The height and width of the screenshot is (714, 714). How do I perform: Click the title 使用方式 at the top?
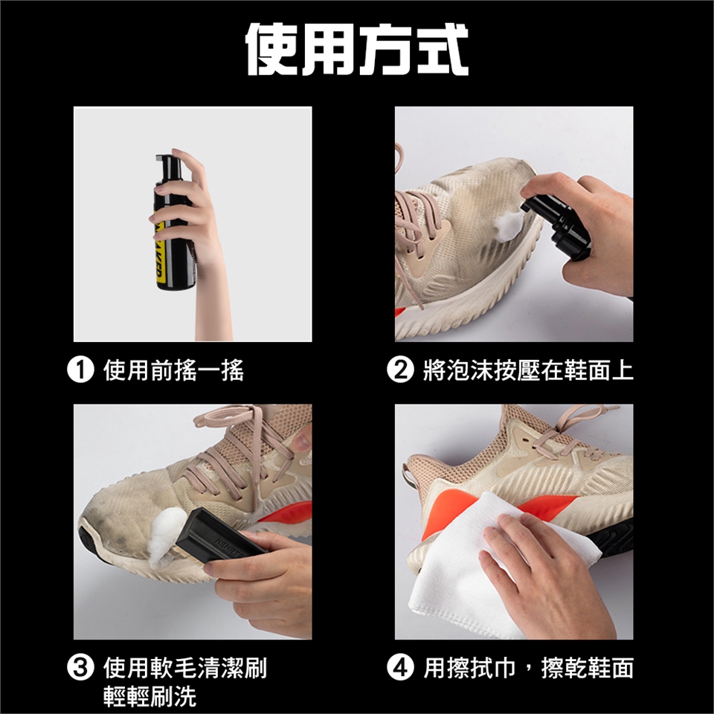click(x=357, y=49)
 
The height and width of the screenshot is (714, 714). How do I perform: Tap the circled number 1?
click(x=80, y=370)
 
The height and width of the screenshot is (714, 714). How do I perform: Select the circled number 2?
click(x=400, y=370)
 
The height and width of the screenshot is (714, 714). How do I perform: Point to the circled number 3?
click(x=80, y=668)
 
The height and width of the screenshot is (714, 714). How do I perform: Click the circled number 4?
click(x=400, y=668)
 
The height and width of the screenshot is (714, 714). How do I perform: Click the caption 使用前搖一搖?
click(x=173, y=370)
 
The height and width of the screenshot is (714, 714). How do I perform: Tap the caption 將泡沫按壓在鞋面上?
click(x=528, y=370)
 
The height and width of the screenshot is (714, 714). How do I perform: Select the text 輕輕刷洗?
click(x=149, y=696)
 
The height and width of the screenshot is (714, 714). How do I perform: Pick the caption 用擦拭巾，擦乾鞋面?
click(x=528, y=668)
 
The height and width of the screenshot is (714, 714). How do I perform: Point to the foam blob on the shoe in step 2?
click(x=508, y=225)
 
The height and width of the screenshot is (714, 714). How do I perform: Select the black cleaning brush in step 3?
click(x=219, y=536)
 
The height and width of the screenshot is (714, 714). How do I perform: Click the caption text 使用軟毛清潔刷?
click(x=185, y=668)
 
